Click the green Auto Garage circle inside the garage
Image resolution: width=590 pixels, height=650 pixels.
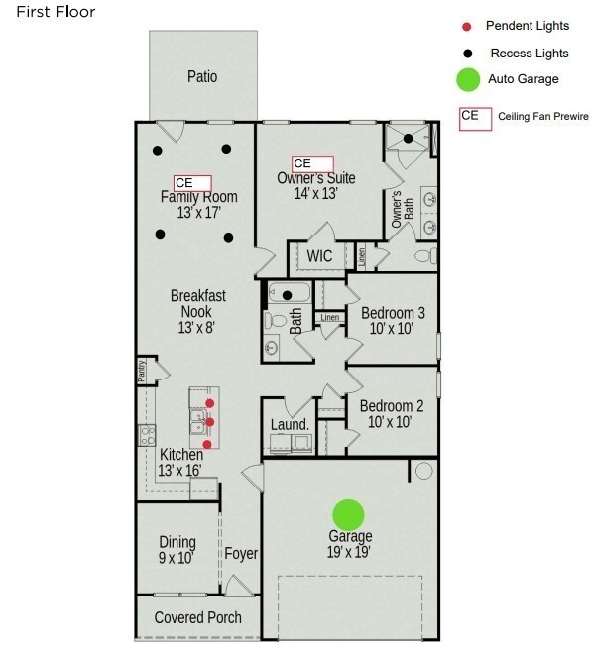pyautogui.click(x=348, y=514)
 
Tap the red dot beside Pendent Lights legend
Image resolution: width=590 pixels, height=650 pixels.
pyautogui.click(x=466, y=25)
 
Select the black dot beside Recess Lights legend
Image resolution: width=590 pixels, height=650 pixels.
pyautogui.click(x=466, y=53)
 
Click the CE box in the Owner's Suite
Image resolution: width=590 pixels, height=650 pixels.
pyautogui.click(x=312, y=163)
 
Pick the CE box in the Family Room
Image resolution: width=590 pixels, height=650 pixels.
pyautogui.click(x=192, y=183)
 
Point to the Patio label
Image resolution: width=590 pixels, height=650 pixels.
pyautogui.click(x=202, y=76)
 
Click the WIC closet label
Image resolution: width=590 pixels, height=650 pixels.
pyautogui.click(x=319, y=256)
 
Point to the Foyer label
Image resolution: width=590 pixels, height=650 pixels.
pyautogui.click(x=241, y=553)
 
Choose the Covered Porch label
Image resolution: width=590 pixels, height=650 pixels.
pyautogui.click(x=198, y=617)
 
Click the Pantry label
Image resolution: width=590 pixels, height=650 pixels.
pyautogui.click(x=142, y=372)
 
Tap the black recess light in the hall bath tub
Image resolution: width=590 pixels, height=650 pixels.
pyautogui.click(x=288, y=294)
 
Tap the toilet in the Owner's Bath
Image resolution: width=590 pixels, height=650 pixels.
pyautogui.click(x=424, y=256)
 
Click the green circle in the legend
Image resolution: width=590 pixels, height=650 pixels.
pyautogui.click(x=468, y=80)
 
